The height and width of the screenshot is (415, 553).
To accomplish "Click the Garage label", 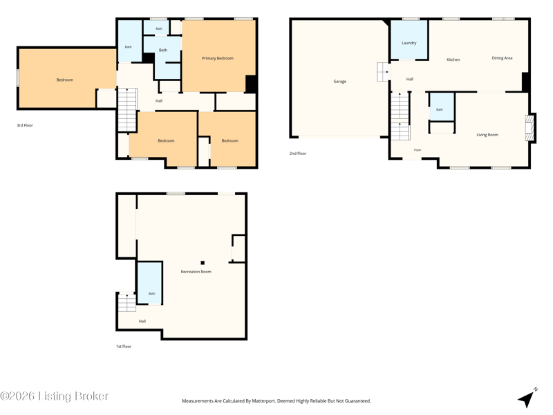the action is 339,82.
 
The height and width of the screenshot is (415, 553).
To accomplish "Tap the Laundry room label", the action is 409,43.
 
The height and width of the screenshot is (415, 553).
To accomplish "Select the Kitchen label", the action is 453,59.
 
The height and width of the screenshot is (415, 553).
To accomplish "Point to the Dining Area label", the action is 502,58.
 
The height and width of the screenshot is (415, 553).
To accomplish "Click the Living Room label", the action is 487,135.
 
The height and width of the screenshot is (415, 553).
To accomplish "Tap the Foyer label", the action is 418,150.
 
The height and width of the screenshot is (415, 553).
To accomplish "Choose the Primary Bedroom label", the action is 218,58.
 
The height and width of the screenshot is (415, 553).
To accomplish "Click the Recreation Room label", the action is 196,272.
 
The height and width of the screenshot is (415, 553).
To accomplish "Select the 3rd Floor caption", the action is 25,125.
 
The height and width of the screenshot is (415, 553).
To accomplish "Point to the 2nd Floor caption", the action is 298,154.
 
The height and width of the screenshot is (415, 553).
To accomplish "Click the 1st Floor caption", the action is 124,347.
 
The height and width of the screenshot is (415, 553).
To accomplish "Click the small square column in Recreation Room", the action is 203,263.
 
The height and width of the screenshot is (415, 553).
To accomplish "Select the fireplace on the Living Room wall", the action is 529,128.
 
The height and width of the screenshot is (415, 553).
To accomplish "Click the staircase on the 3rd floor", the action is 127,110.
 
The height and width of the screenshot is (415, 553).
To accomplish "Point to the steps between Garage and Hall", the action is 383,72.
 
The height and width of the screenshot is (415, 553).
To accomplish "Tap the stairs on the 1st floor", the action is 126,302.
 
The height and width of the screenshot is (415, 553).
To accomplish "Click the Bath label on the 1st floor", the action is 151,293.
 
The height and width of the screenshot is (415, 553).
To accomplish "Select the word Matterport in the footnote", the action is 263,401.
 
